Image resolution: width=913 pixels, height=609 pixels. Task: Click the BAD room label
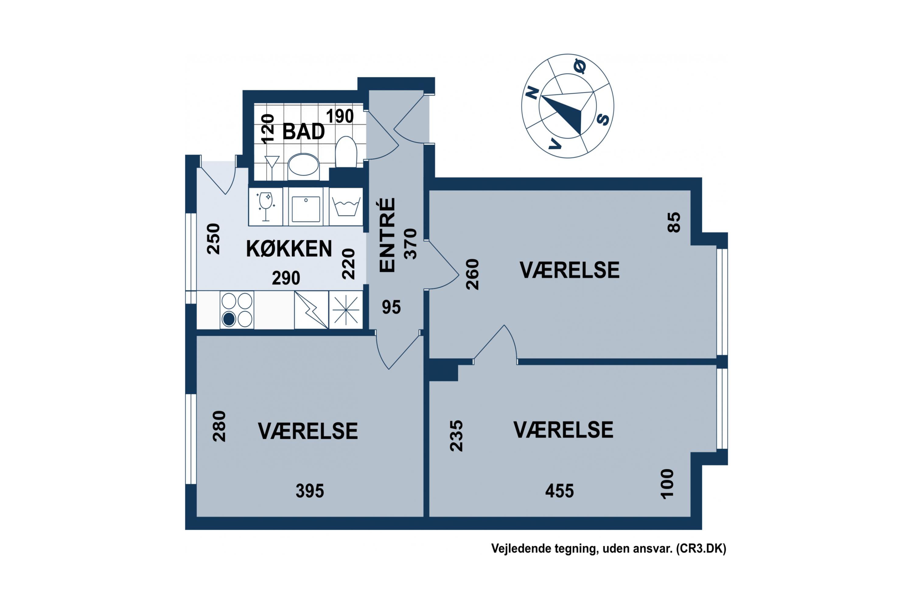tap(303, 132)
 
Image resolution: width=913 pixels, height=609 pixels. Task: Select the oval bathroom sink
tap(303, 165)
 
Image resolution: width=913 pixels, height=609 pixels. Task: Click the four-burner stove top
tap(237, 310)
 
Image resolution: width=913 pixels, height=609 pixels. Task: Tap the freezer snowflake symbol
tap(346, 310)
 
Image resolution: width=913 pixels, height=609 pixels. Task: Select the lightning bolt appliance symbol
tap(311, 310)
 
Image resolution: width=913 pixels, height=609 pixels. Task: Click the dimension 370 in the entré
tap(410, 244)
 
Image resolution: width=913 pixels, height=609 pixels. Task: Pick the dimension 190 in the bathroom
tap(340, 116)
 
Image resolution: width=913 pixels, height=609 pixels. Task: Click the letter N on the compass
tap(532, 93)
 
